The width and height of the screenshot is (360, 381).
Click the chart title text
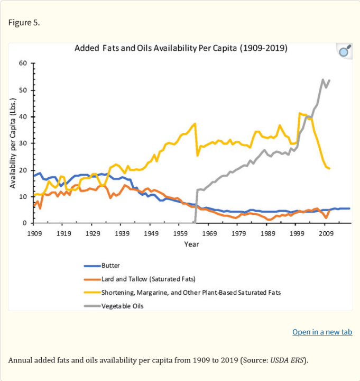(x=181, y=48)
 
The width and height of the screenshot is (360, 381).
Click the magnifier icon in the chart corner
(x=344, y=51)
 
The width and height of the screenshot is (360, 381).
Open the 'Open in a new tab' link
(x=322, y=332)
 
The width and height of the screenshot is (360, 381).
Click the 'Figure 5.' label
(x=24, y=23)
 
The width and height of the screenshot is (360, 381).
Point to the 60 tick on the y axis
(x=23, y=63)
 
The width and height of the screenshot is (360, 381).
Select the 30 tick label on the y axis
(x=23, y=143)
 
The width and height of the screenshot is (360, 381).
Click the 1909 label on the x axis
(x=34, y=233)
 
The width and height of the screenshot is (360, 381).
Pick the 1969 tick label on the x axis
(x=209, y=233)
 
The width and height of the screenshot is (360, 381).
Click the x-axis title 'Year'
(x=191, y=244)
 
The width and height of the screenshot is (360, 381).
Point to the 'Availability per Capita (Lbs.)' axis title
(x=13, y=143)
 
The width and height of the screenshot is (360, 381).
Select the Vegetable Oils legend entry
(x=122, y=306)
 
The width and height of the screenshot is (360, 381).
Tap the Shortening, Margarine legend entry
(x=190, y=292)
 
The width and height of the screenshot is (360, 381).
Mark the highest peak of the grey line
(x=323, y=80)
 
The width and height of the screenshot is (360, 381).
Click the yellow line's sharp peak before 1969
(x=195, y=123)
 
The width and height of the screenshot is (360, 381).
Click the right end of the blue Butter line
(x=349, y=208)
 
